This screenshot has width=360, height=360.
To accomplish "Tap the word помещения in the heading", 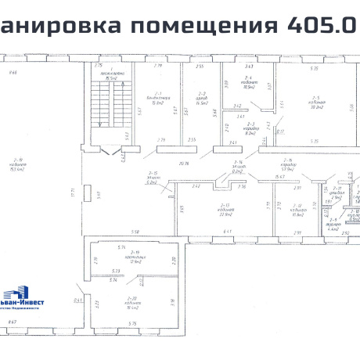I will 202,26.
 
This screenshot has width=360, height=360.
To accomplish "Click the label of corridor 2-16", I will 287,166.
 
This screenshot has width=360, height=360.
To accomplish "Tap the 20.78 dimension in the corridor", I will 185,163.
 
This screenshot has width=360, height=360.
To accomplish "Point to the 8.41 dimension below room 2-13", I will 228,232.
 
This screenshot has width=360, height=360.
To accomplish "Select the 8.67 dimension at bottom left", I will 12,321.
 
